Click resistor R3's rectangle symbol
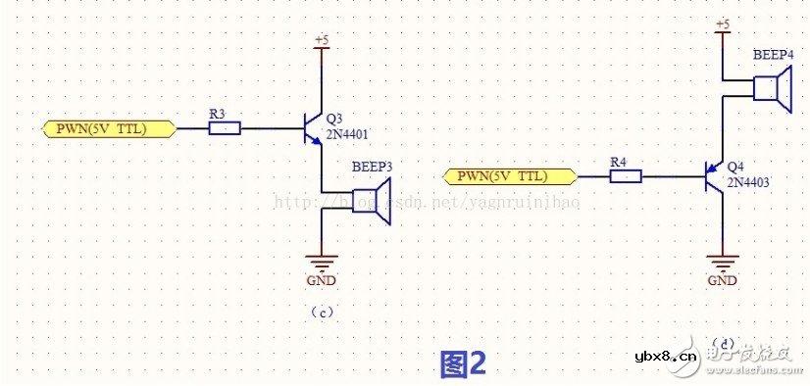pyautogui.click(x=225, y=128)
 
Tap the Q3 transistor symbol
pyautogui.click(x=312, y=128)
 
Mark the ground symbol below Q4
pyautogui.click(x=723, y=263)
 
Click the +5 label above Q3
pyautogui.click(x=322, y=40)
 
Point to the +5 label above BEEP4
pyautogui.click(x=723, y=23)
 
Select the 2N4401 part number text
pyautogui.click(x=346, y=134)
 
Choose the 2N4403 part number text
pyautogui.click(x=747, y=182)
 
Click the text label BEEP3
pyautogui.click(x=372, y=169)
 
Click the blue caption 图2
pyautogui.click(x=463, y=363)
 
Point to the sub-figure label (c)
pyautogui.click(x=322, y=313)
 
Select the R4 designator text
pyautogui.click(x=618, y=161)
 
